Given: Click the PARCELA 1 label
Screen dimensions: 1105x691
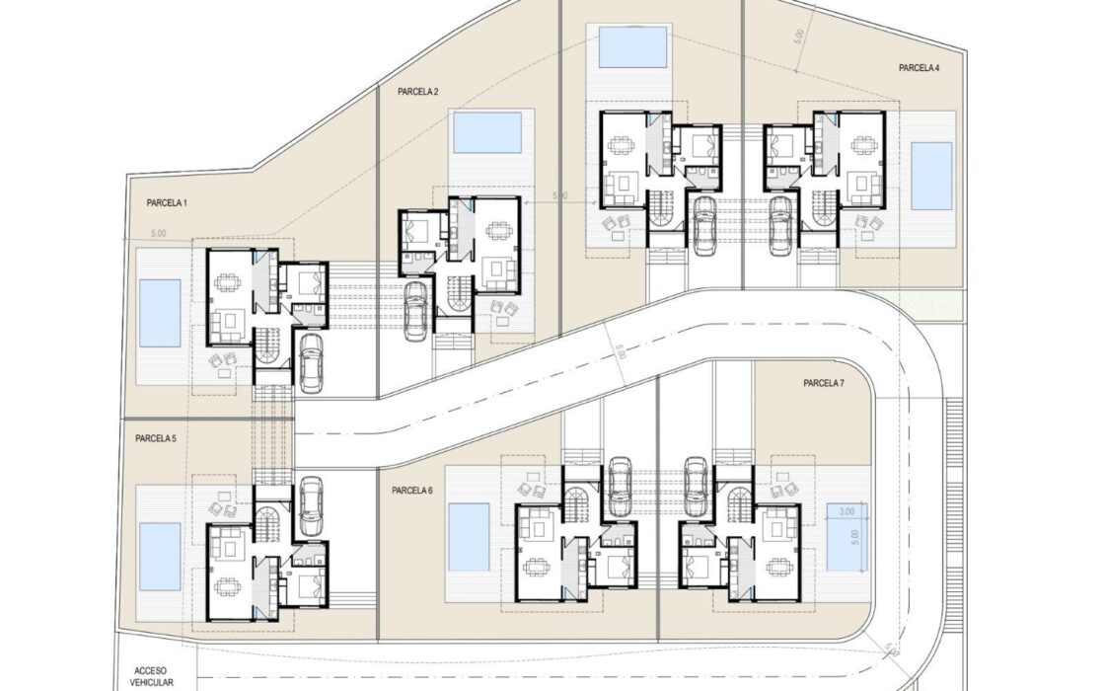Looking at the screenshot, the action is coord(167,203).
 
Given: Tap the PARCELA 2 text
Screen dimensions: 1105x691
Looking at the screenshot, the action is coord(418,92).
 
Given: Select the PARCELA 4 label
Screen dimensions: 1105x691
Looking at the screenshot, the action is coord(919,68).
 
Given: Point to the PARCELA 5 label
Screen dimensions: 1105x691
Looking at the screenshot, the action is coord(156,438).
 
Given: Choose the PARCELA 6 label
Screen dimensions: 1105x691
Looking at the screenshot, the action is coord(413,491).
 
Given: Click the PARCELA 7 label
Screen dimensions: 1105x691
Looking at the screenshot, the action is coord(824,384).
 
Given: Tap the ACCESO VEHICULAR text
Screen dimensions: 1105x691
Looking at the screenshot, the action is coord(152,677).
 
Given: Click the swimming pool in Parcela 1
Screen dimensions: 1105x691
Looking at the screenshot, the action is coord(159,312).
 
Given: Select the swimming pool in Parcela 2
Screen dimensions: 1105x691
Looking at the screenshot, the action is coord(487,132).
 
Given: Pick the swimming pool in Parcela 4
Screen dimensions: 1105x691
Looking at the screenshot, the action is coord(931,177).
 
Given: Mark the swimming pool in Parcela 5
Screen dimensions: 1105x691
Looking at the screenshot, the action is coord(159,556).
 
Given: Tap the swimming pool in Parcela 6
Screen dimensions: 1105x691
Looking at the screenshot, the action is coord(470,537).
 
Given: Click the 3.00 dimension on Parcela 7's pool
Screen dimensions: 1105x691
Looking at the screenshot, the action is coord(847,511).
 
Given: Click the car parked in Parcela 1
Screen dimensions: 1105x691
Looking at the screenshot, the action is coord(311,362).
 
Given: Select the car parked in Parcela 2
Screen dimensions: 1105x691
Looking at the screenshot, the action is coord(416,310).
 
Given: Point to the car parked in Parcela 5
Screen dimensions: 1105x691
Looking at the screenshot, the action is coord(311,506).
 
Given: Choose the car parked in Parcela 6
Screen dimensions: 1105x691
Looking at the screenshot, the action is coord(620,488).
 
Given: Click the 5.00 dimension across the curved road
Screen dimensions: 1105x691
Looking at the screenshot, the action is coord(621,351).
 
